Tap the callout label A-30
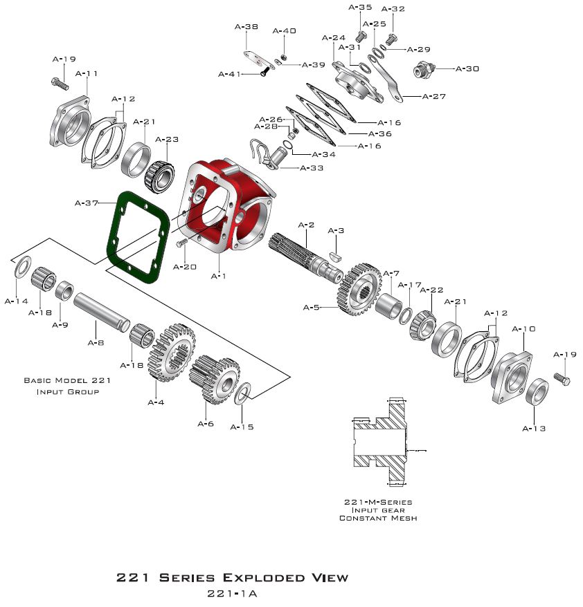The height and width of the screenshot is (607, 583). click(x=468, y=69)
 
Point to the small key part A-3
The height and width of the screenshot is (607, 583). click(x=336, y=254)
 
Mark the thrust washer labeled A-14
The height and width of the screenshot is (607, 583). click(x=21, y=267)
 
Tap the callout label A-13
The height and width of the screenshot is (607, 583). click(x=534, y=429)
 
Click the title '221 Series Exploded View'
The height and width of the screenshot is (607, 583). click(x=232, y=577)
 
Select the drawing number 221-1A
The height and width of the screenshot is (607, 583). click(x=232, y=593)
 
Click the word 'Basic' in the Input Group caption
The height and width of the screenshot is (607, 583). click(x=37, y=380)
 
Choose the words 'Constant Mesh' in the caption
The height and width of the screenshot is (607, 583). click(x=378, y=518)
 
